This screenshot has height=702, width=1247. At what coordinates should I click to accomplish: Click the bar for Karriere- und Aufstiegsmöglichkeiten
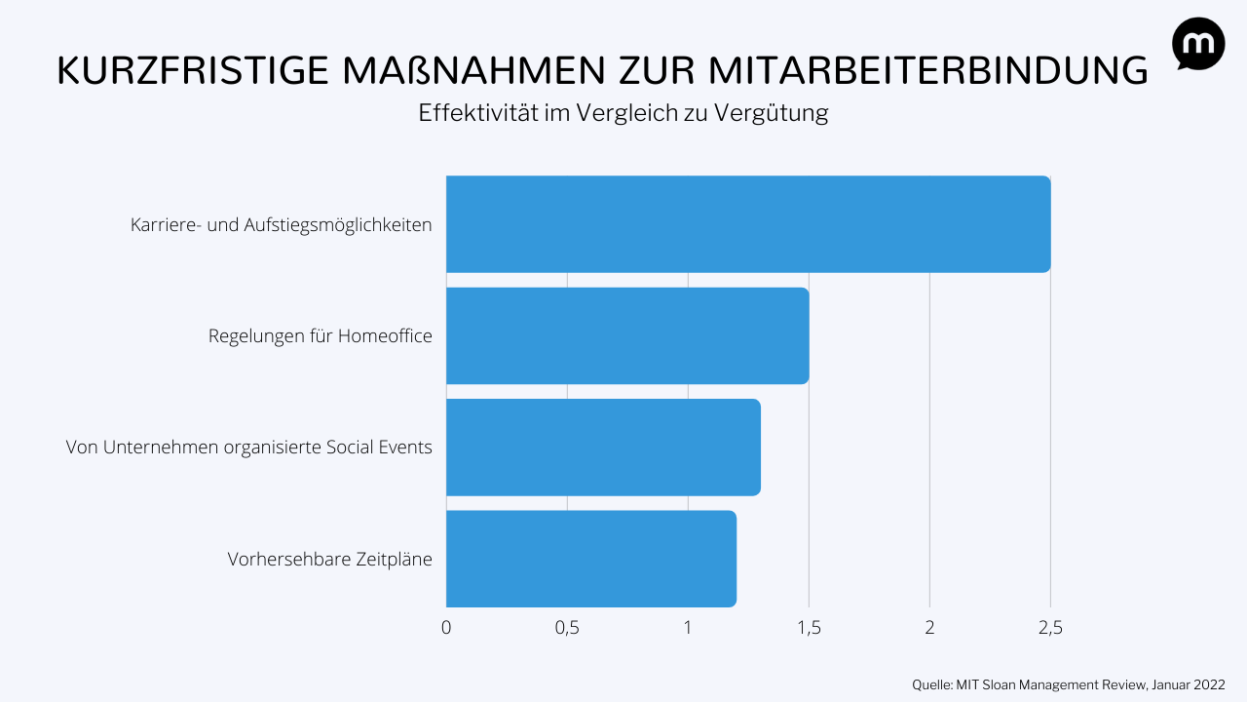click(x=748, y=224)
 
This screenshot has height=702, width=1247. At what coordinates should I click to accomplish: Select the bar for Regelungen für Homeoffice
click(x=627, y=335)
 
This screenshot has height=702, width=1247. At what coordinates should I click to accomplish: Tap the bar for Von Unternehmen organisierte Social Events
click(x=603, y=447)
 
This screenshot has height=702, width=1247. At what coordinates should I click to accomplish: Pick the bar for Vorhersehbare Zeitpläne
click(x=591, y=559)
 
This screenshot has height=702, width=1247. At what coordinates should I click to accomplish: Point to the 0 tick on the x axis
click(x=446, y=628)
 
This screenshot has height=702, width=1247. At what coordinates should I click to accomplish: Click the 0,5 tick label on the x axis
click(x=567, y=628)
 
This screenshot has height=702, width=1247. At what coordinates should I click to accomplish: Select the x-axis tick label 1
click(x=688, y=628)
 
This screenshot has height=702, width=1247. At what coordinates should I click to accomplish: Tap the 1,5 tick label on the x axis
click(x=809, y=628)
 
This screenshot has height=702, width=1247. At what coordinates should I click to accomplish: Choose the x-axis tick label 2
click(x=929, y=628)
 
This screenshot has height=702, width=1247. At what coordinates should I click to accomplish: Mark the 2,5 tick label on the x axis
click(x=1050, y=628)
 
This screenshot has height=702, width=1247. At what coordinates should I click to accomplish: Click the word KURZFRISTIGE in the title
click(x=190, y=71)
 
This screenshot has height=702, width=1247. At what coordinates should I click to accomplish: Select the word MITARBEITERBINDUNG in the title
click(x=926, y=71)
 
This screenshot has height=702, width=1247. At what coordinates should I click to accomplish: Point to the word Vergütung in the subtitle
click(x=771, y=113)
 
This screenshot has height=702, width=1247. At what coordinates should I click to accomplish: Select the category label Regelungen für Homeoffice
click(x=321, y=336)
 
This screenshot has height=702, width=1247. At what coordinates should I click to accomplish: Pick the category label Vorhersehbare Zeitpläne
click(x=330, y=560)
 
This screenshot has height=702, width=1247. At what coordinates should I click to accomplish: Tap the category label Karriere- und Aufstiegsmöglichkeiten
click(x=282, y=225)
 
